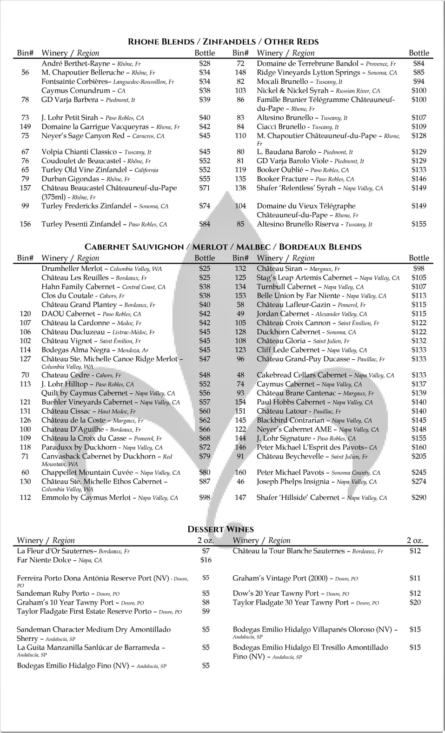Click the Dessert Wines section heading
point(220,529)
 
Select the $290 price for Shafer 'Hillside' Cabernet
point(418,498)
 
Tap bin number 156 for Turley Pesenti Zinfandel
point(25,224)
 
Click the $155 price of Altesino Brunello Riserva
point(418,224)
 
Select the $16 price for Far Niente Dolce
point(206,560)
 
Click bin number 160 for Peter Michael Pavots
point(240,472)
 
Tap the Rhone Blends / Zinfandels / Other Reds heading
point(223,42)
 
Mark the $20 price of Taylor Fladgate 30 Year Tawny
point(415,603)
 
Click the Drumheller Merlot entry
point(72,269)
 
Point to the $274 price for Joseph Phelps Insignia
point(418,482)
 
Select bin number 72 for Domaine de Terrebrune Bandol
point(240,63)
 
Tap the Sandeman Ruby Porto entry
point(53,593)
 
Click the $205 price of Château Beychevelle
point(418,457)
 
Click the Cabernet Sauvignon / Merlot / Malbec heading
point(223,247)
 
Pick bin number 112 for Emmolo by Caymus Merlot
point(25,498)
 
